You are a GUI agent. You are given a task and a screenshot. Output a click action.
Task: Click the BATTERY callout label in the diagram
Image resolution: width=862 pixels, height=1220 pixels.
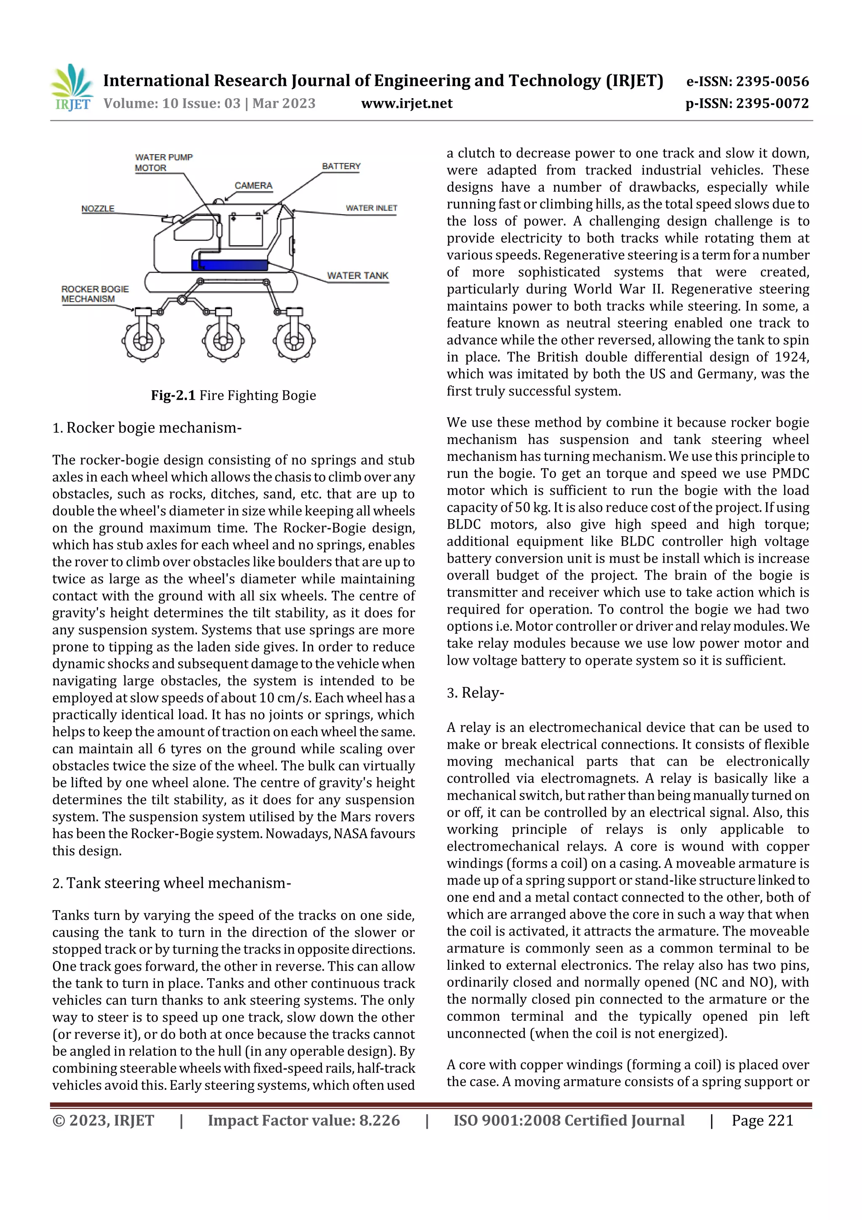341,166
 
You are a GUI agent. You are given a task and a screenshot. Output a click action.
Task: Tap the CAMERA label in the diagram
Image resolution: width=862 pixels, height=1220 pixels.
253,185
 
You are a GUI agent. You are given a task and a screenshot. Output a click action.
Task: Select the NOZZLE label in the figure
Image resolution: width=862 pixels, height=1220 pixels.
98,208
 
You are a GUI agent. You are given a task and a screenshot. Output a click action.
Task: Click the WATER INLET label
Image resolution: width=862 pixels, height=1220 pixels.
371,208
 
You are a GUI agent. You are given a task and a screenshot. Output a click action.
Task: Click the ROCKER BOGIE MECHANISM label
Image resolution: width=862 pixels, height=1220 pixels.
95,294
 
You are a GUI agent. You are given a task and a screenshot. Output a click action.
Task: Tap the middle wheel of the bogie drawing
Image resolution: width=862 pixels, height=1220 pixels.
223,339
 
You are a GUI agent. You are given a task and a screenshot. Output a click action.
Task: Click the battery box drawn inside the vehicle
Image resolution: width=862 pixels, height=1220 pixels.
245,230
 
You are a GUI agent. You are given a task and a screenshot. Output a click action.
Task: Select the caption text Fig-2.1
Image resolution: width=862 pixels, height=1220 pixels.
173,395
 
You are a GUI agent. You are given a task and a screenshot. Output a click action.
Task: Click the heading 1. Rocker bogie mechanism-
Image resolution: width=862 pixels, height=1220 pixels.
147,428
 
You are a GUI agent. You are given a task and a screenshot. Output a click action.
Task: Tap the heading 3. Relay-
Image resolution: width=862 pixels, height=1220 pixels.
475,692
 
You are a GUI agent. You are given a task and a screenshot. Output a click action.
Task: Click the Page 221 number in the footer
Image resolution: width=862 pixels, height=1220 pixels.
762,1121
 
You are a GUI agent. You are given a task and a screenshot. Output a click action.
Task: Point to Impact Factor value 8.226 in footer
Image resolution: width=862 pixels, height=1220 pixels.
304,1121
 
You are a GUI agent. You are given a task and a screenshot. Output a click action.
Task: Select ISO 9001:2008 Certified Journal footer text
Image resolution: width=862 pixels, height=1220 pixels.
568,1121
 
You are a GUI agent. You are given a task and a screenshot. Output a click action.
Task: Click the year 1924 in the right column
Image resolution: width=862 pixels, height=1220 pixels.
791,357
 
